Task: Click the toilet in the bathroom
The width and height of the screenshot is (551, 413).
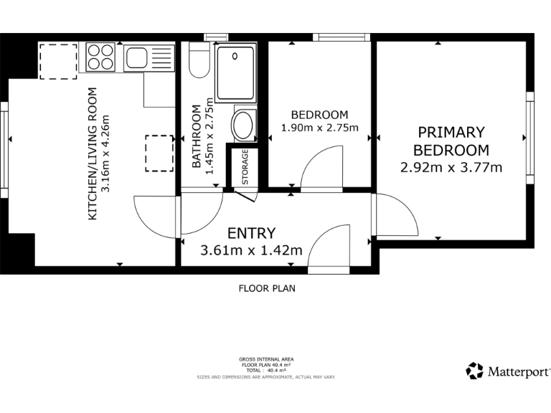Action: (x=199, y=60)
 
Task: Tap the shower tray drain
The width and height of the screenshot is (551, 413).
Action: (x=235, y=56)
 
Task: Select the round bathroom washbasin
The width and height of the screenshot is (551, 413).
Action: (x=242, y=125)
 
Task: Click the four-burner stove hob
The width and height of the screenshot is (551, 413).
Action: (x=100, y=57)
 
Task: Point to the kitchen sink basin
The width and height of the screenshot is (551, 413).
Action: (x=137, y=58)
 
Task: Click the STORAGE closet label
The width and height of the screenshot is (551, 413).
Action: (x=245, y=167)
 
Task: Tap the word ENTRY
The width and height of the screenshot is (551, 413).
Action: (x=252, y=233)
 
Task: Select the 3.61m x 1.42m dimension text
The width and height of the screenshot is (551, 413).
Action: (x=251, y=250)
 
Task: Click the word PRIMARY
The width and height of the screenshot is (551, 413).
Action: (x=451, y=133)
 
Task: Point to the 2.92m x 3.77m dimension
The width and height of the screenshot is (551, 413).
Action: (x=451, y=168)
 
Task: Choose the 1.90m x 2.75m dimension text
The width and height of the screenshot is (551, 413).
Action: (x=320, y=128)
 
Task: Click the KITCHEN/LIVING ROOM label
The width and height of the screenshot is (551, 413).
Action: (x=92, y=154)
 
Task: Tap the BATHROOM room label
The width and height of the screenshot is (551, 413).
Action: (x=197, y=136)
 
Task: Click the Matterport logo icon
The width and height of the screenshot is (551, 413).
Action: (x=475, y=371)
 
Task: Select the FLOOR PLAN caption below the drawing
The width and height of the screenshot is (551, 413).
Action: (x=267, y=288)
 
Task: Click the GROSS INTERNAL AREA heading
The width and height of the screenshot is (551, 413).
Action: (x=266, y=359)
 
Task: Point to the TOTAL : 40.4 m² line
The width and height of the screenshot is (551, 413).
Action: (x=266, y=370)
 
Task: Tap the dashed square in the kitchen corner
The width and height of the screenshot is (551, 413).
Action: (x=58, y=62)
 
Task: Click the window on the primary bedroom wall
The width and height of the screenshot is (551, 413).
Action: (x=530, y=138)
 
